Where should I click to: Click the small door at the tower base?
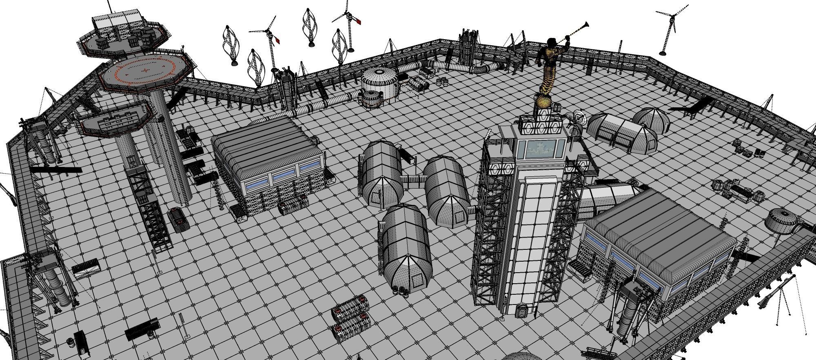[x=521, y=310]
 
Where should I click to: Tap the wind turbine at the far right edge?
[x=669, y=29]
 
